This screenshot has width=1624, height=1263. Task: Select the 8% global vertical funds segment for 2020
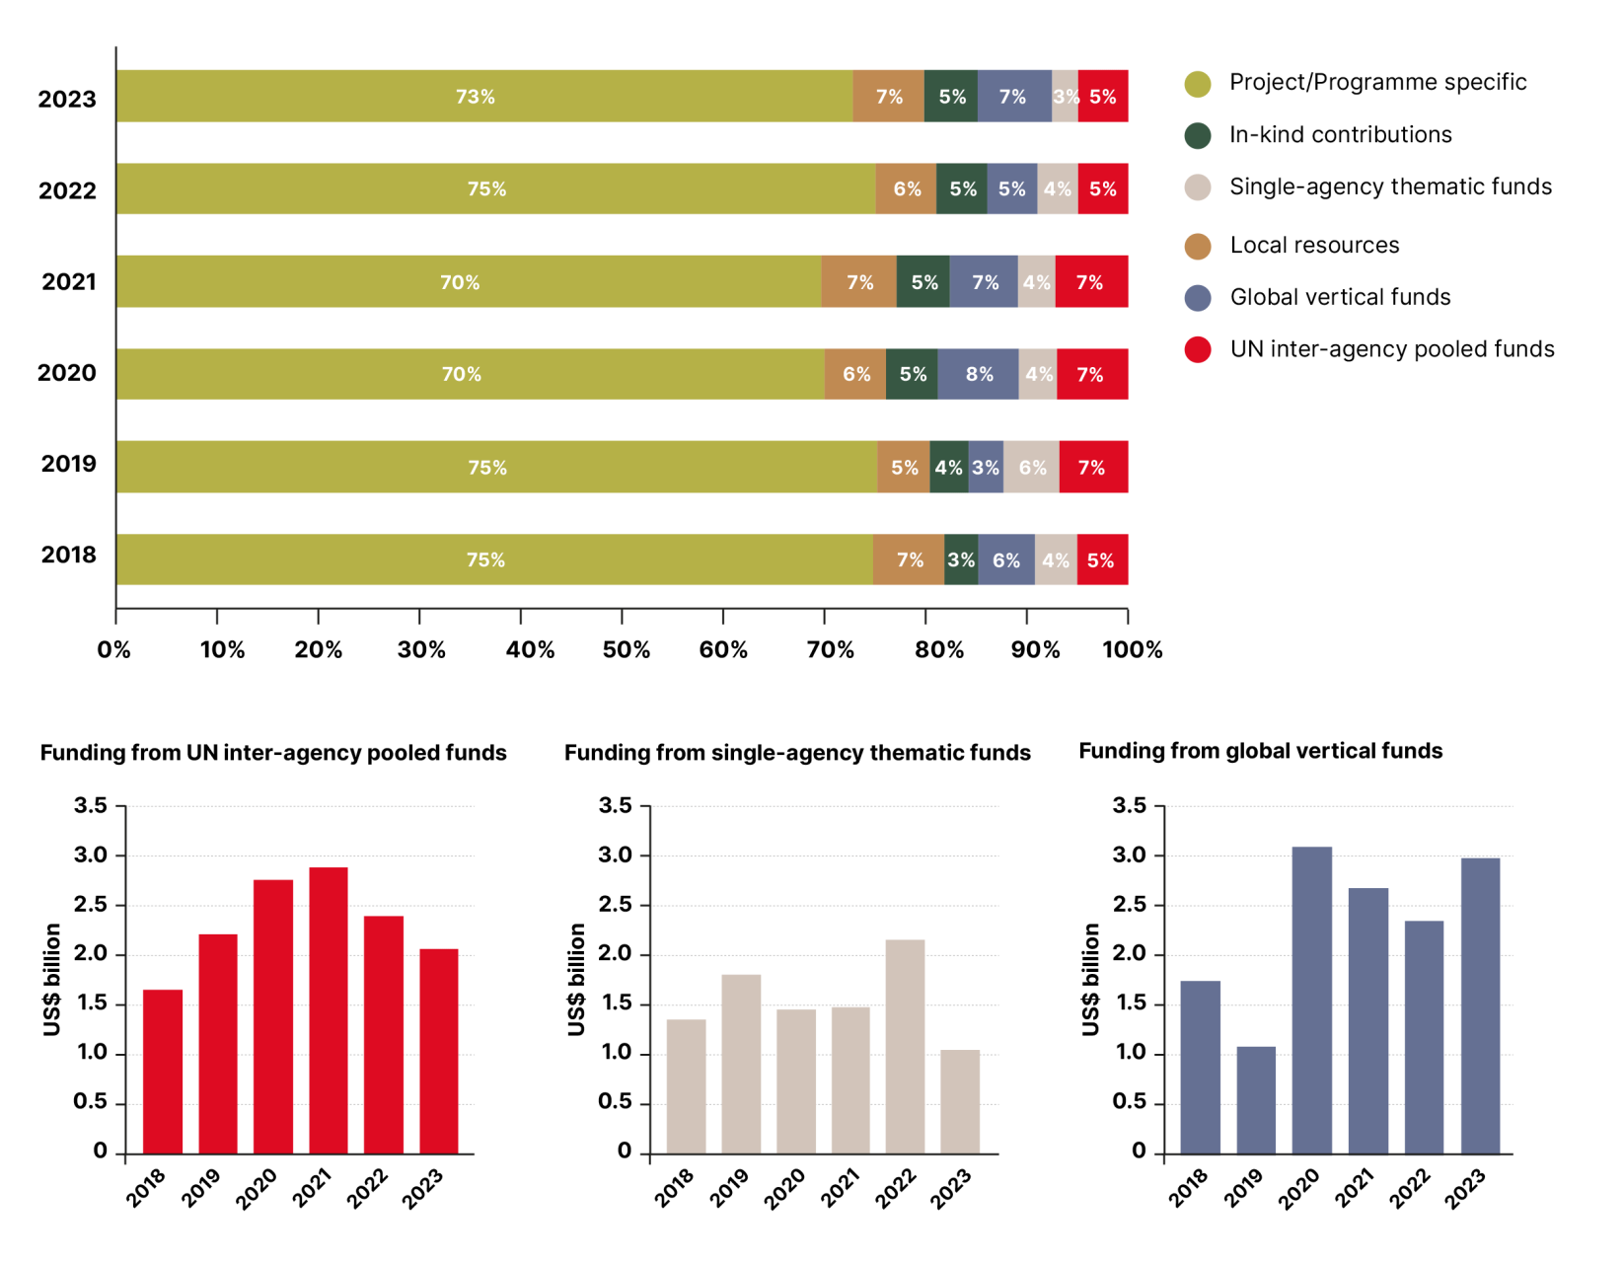click(978, 374)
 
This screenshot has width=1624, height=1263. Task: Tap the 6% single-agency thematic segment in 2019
click(1031, 467)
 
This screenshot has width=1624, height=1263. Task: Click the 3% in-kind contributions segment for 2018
click(961, 559)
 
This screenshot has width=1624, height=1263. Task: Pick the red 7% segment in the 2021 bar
click(1090, 282)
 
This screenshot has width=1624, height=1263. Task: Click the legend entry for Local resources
click(1313, 245)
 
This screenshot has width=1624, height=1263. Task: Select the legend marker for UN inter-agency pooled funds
click(1198, 349)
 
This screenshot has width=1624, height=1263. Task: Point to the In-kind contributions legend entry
click(1339, 134)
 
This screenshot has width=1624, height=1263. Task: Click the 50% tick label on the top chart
click(626, 649)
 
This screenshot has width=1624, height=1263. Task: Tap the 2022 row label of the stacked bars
click(67, 190)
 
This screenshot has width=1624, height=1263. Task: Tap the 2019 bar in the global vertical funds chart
click(1256, 1099)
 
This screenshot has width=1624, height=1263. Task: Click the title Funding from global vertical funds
click(1260, 751)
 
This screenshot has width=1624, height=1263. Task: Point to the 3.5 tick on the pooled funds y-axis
click(91, 805)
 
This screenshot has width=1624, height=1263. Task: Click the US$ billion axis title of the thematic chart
click(577, 979)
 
